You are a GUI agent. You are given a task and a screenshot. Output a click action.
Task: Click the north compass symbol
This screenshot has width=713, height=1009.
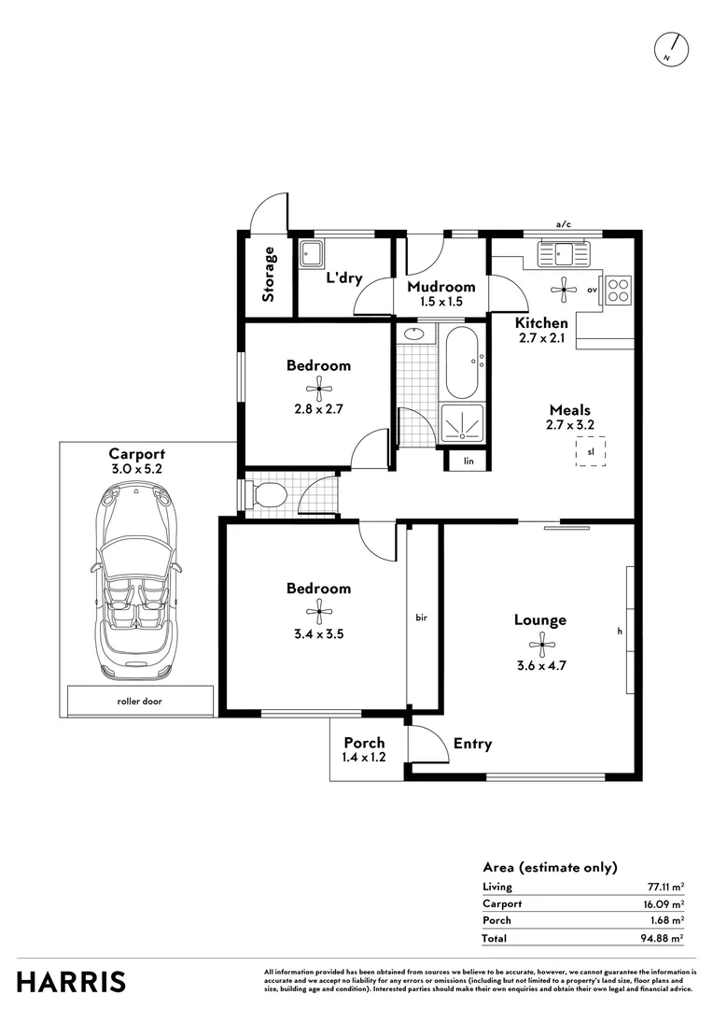click(671, 49)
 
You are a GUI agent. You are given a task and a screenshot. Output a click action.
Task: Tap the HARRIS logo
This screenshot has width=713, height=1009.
click(71, 982)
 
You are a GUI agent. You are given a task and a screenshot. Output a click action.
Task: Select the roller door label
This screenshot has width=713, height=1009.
click(140, 700)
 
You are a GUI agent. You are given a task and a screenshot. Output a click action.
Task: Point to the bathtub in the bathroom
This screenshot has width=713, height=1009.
click(462, 362)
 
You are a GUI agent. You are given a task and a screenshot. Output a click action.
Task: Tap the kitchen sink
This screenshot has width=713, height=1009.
click(564, 253)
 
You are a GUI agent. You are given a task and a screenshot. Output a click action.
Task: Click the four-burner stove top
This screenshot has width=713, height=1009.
click(618, 291)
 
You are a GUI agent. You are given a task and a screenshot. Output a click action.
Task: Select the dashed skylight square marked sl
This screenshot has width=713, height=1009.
click(591, 452)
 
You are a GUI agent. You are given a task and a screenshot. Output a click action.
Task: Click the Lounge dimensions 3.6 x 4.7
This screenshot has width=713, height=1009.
click(539, 665)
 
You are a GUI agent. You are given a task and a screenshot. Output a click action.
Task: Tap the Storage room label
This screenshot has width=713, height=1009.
click(269, 274)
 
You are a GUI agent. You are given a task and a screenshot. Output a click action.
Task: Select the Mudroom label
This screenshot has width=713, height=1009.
click(440, 287)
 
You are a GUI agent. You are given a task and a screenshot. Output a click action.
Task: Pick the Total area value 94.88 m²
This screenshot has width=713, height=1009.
click(664, 938)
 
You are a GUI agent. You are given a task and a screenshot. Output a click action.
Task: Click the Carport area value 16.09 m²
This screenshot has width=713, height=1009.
click(664, 903)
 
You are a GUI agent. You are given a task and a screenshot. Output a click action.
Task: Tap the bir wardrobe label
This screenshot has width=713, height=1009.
click(421, 618)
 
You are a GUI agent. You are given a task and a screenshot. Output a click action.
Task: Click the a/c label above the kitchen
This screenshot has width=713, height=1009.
click(563, 224)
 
